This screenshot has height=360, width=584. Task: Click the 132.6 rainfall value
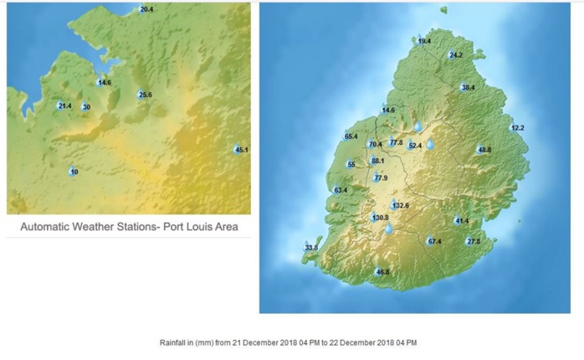click(x=400, y=205)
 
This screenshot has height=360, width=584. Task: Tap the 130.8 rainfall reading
click(x=380, y=218)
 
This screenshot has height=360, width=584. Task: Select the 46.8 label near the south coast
click(x=382, y=272)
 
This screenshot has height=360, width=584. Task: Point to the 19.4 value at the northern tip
click(x=424, y=41)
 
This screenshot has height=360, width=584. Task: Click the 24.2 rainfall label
click(x=456, y=55)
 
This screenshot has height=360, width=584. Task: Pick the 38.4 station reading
click(x=468, y=87)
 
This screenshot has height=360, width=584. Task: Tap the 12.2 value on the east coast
click(x=517, y=128)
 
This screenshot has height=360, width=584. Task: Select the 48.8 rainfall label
click(x=484, y=150)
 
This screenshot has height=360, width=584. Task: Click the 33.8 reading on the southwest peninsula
click(x=311, y=248)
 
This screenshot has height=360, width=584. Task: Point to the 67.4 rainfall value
click(x=434, y=242)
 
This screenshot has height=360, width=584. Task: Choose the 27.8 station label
click(x=474, y=242)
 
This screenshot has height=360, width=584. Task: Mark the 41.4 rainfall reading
click(x=462, y=221)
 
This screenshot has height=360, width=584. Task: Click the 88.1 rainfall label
click(x=377, y=161)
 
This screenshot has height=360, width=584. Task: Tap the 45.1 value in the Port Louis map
click(x=242, y=150)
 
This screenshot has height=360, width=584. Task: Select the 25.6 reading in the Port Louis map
click(x=145, y=95)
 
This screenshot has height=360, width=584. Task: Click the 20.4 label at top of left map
click(x=146, y=9)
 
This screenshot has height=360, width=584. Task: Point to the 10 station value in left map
click(x=74, y=172)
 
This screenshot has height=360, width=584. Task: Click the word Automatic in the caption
click(x=46, y=227)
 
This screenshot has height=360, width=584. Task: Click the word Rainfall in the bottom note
click(x=174, y=343)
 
